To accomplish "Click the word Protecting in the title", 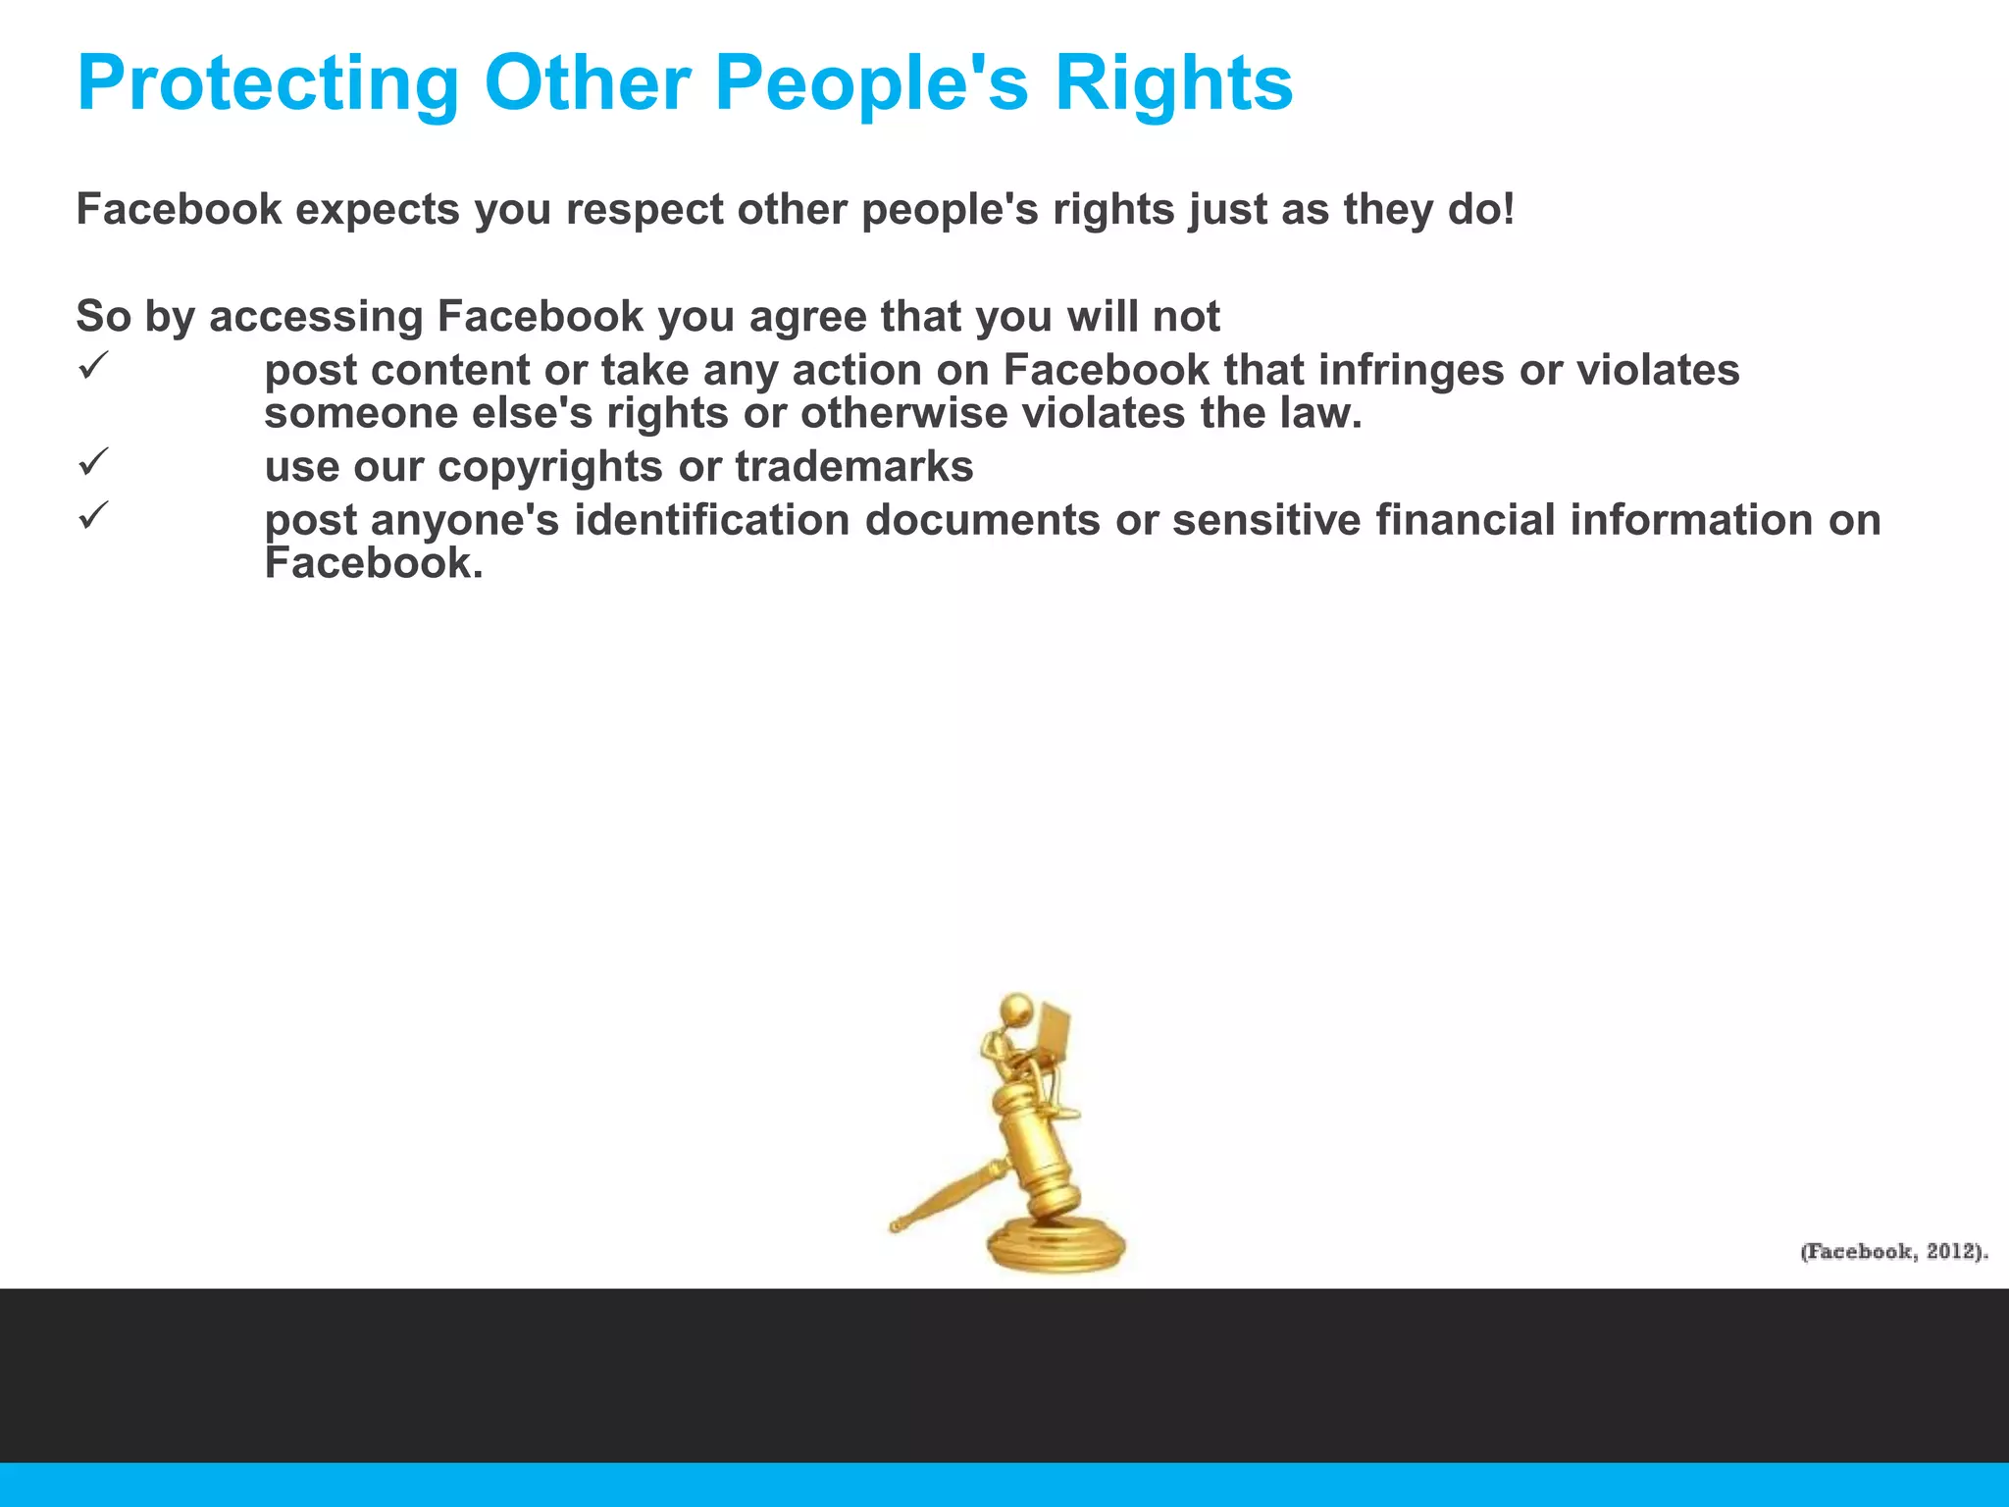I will coord(268,85).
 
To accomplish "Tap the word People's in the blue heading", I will coord(871,83).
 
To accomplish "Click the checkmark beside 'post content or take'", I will coord(91,367).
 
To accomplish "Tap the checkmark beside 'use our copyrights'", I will coord(91,462).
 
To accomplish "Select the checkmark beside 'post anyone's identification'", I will coord(91,516).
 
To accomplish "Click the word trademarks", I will coord(853,466).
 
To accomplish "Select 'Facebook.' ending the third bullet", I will coord(374,563).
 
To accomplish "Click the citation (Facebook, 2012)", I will coord(1893,1252).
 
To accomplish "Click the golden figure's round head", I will coord(1016,1008).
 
